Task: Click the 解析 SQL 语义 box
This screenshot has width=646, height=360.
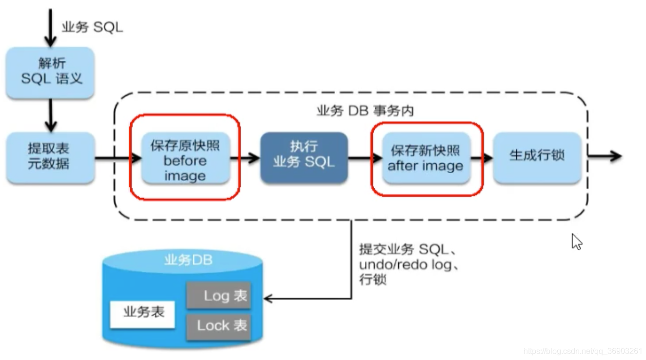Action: [x=50, y=72]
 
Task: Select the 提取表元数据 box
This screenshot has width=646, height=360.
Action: [x=50, y=157]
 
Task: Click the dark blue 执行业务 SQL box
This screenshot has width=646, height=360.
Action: [x=303, y=157]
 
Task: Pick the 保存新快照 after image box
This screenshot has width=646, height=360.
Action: [x=425, y=158]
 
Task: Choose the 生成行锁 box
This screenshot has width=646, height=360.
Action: [x=537, y=157]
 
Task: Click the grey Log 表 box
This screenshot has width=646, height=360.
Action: [x=219, y=296]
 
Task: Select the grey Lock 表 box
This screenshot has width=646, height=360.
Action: [x=219, y=325]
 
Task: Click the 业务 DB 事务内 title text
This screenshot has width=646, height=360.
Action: [x=364, y=111]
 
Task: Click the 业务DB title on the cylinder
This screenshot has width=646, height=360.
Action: [x=188, y=260]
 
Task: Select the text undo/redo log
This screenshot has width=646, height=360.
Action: [x=409, y=265]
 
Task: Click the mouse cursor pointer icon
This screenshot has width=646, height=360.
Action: [x=577, y=241]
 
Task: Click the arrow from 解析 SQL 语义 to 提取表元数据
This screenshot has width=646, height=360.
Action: [x=50, y=116]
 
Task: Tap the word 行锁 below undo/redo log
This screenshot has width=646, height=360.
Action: [x=373, y=280]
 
